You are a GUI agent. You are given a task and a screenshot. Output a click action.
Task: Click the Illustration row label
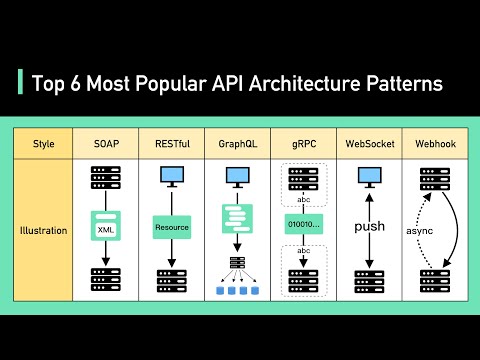44,230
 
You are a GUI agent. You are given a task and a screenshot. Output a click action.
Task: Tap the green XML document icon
105,228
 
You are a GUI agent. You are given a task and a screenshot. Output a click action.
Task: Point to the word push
370,227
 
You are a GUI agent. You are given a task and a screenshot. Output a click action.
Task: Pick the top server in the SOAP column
105,182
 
